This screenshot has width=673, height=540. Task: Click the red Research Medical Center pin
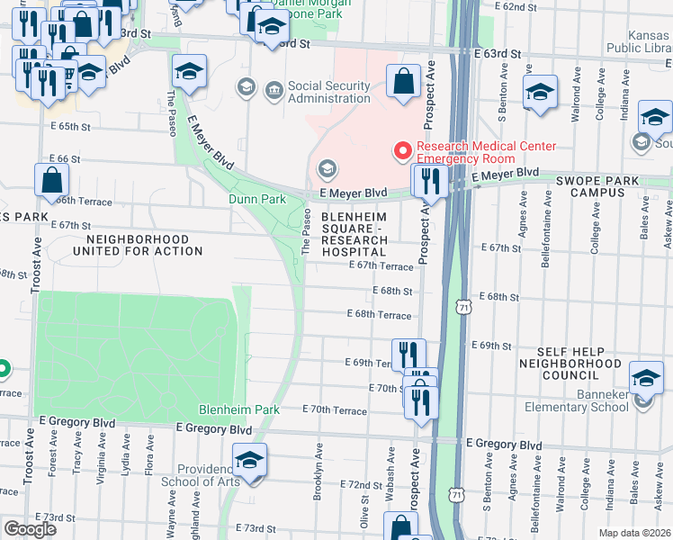coord(402,151)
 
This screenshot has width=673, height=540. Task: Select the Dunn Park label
coord(256,199)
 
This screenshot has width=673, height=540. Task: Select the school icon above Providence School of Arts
coord(249,461)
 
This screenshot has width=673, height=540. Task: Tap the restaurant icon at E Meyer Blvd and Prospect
coord(429,182)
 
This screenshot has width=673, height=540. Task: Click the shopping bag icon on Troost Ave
coord(52,180)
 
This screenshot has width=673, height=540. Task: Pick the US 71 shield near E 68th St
coord(463,307)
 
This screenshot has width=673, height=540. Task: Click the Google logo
coord(30,529)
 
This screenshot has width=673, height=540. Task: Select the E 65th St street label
coord(74,128)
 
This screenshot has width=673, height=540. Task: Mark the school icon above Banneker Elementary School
coord(645,378)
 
